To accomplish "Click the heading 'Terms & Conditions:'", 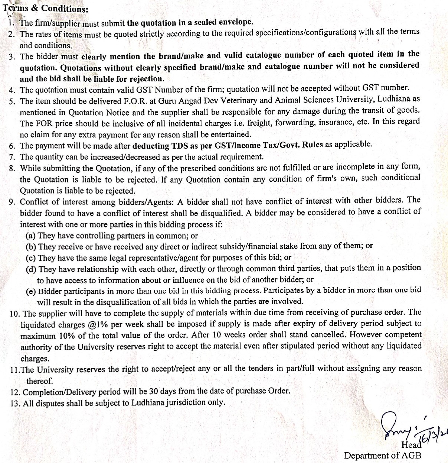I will [x=46, y=8].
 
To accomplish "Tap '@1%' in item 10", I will [x=98, y=324].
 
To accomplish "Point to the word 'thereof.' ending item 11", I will [x=39, y=381].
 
